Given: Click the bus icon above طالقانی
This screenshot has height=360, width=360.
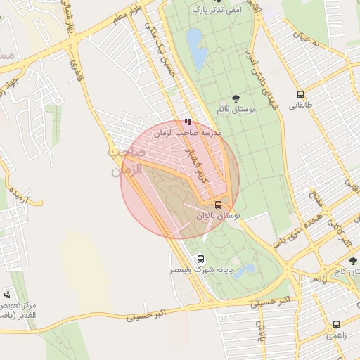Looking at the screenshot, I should [x=301, y=94].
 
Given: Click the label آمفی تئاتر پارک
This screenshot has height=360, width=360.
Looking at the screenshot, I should [x=215, y=11].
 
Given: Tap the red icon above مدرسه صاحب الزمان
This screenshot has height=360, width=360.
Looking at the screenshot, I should [x=186, y=122].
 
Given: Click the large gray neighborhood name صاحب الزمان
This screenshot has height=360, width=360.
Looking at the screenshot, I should [x=127, y=161].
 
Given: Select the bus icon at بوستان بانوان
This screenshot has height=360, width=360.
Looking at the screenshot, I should [x=218, y=205].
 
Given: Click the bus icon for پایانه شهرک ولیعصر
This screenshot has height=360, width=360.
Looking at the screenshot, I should [x=201, y=259].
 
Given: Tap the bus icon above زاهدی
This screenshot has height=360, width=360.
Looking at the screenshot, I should [x=336, y=325].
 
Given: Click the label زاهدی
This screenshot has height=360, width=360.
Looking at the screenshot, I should [x=336, y=337].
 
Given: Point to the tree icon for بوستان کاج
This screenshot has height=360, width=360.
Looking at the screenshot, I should [x=354, y=262].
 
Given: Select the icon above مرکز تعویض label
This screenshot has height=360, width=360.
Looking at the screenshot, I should [x=7, y=294].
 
